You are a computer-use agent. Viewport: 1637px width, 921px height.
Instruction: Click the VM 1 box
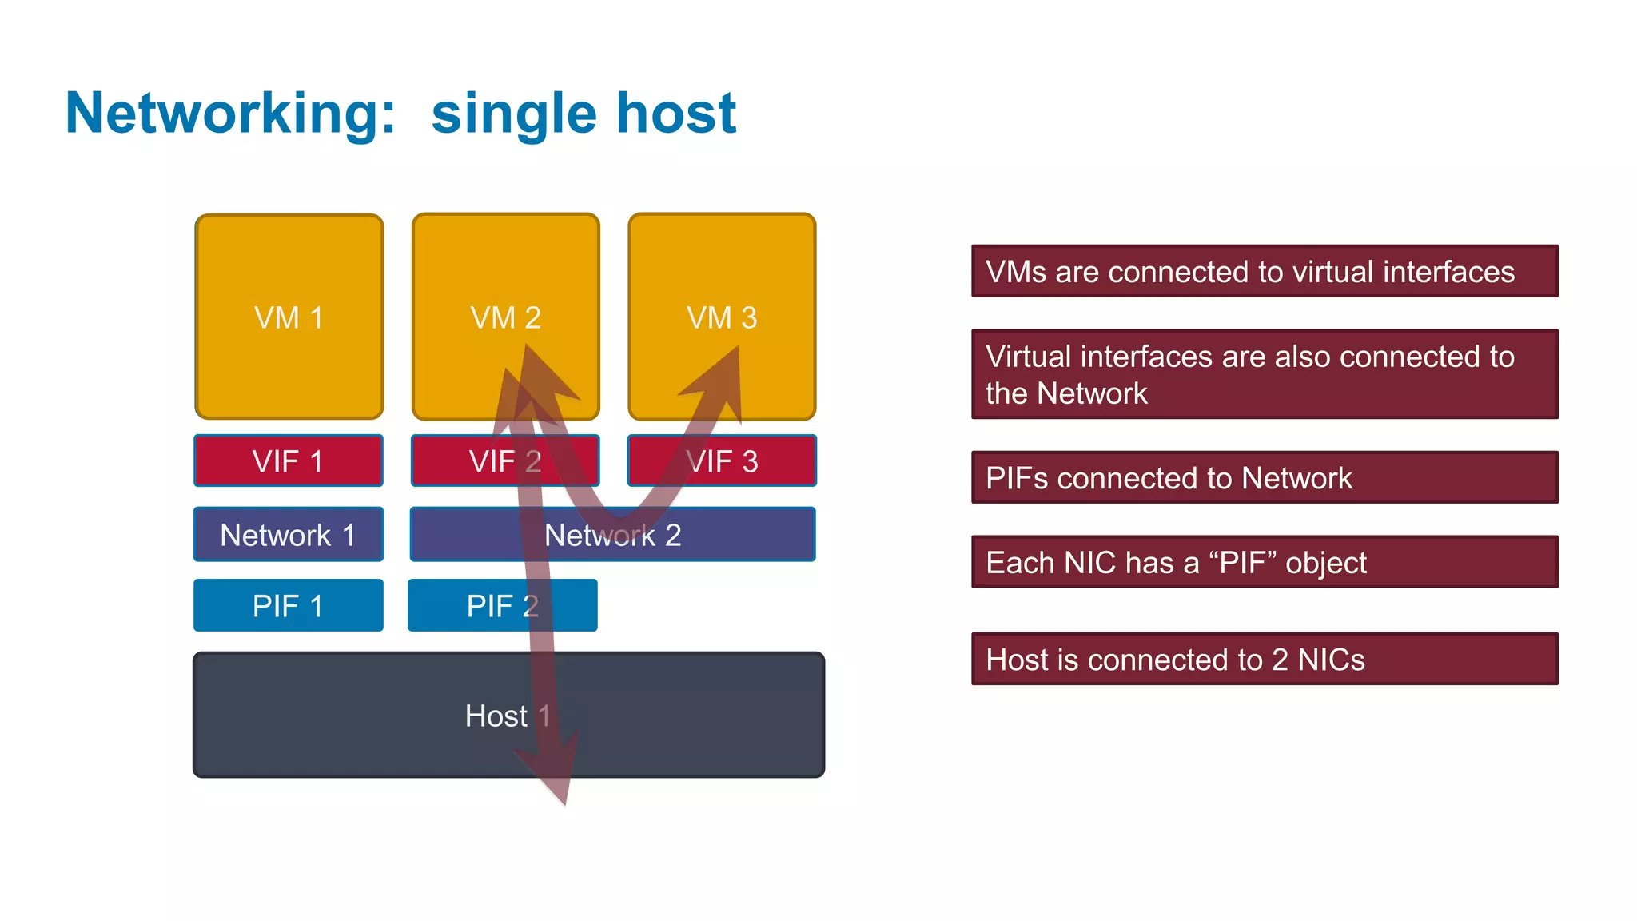coord(289,317)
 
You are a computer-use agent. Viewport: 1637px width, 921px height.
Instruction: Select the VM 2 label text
coord(505,318)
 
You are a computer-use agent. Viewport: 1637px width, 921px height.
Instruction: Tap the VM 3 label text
coord(722,318)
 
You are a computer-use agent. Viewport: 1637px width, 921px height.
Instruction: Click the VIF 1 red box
coord(289,460)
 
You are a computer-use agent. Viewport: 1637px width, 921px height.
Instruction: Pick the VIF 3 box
coord(743,460)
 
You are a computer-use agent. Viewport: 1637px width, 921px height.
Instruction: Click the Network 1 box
coord(289,534)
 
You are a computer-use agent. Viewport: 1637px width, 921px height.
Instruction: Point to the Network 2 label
coord(613,535)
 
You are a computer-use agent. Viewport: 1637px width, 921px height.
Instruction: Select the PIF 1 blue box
coord(289,605)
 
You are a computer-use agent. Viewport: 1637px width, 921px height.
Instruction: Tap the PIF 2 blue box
coord(480,605)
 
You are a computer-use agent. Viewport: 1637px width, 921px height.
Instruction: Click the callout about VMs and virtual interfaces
coord(1265,271)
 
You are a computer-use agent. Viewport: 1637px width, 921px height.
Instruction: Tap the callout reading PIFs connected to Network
coord(1265,477)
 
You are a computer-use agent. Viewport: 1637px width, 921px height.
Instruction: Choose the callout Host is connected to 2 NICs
coord(1265,659)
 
